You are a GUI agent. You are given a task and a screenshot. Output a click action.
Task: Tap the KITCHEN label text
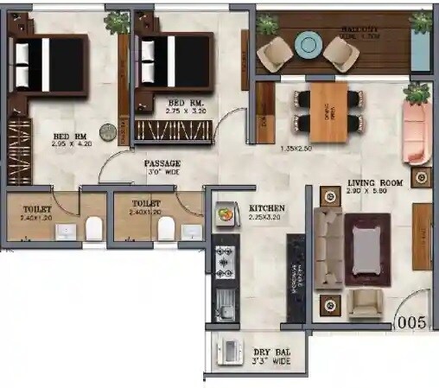tap(267, 208)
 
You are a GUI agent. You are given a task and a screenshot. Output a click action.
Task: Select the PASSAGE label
tap(162, 163)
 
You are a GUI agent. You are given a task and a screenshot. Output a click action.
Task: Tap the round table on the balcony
tap(307, 42)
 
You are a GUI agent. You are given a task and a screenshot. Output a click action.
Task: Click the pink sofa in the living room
tap(417, 132)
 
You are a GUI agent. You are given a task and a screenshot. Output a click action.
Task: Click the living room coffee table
tap(364, 248)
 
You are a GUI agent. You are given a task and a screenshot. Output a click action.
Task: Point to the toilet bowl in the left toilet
tap(94, 228)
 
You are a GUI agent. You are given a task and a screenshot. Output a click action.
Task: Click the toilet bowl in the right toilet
tap(165, 228)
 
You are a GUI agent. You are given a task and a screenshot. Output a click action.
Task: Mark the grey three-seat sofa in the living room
tap(326, 248)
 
